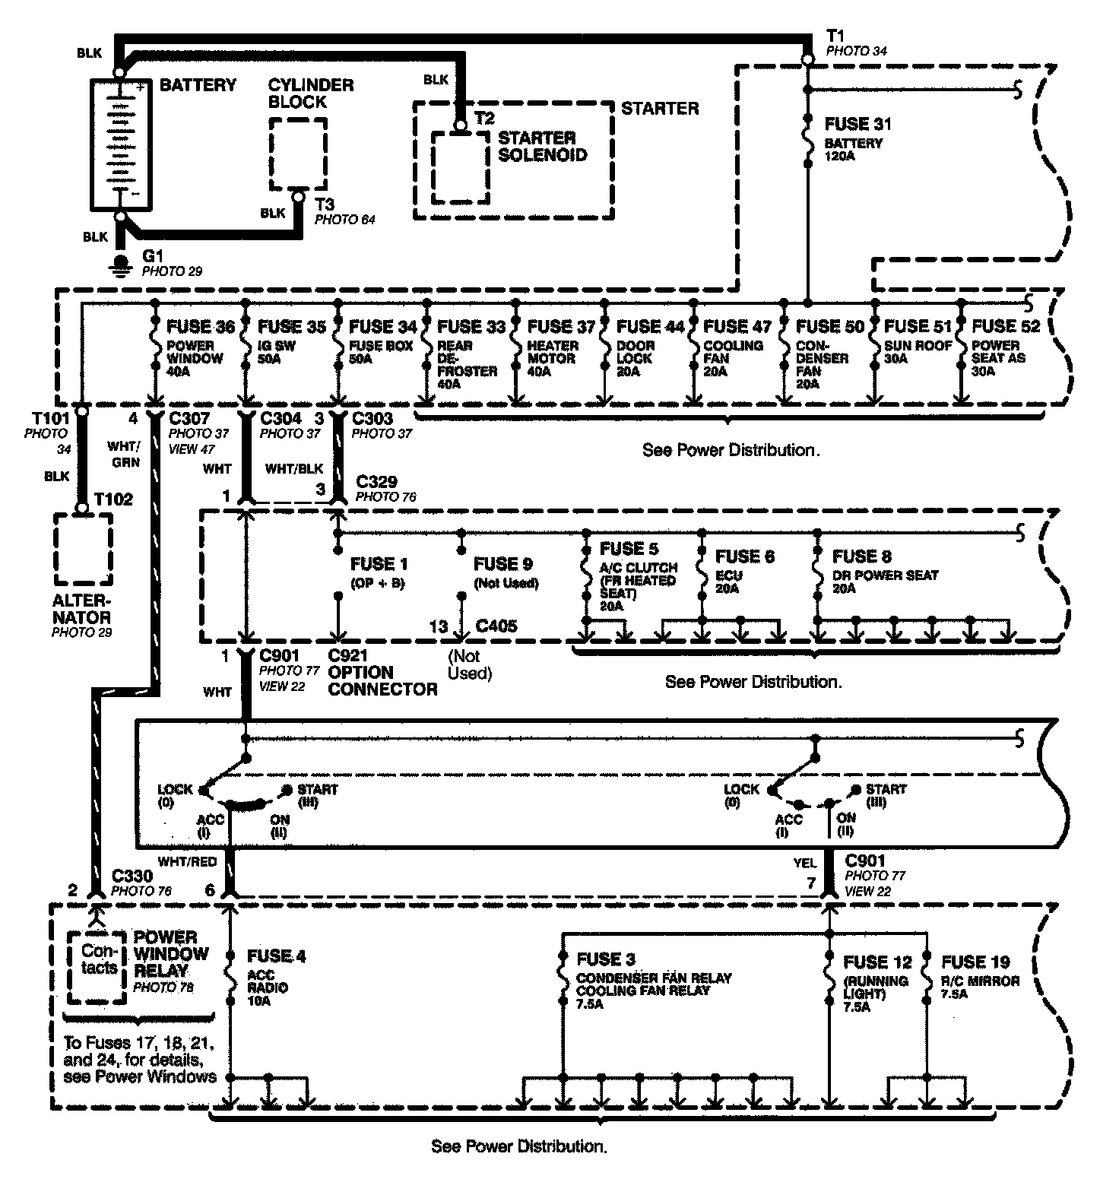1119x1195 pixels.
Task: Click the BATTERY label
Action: (x=198, y=84)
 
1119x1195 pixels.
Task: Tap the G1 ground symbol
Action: (x=119, y=265)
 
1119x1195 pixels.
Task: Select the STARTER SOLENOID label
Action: (x=542, y=147)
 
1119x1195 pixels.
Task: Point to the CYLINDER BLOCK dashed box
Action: (x=298, y=154)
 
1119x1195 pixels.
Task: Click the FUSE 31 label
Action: (x=858, y=124)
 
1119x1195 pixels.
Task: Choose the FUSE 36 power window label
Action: (x=200, y=327)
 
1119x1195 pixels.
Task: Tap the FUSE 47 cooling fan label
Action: (x=737, y=327)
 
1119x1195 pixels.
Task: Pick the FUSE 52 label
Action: (x=1005, y=327)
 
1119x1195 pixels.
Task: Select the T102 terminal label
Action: (x=113, y=499)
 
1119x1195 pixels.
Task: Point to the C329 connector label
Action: (x=376, y=483)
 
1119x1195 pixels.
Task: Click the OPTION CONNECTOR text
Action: (x=382, y=681)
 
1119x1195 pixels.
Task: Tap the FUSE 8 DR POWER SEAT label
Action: (x=861, y=557)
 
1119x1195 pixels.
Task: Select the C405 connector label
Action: (x=496, y=626)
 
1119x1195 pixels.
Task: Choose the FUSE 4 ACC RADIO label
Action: (x=276, y=957)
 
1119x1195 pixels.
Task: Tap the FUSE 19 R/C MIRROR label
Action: (x=975, y=962)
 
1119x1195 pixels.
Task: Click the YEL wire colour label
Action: (x=804, y=863)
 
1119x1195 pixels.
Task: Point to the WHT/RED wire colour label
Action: (x=187, y=862)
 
